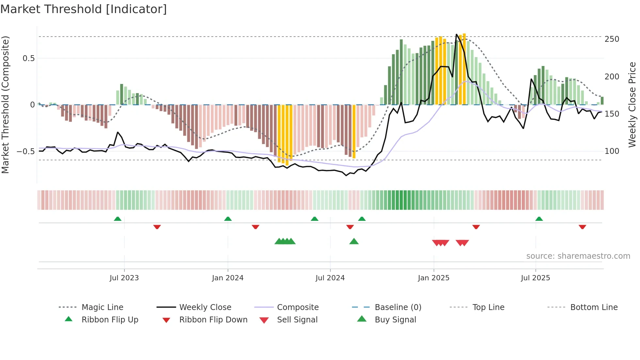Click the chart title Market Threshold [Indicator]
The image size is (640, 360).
point(84,9)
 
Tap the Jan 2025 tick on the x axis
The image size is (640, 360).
point(434,278)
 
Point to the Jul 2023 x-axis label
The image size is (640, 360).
point(124,278)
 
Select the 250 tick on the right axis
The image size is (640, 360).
point(612,39)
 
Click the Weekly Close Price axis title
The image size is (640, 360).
point(632,105)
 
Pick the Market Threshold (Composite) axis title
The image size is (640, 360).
point(5,105)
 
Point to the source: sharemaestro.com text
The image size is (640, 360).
point(578,256)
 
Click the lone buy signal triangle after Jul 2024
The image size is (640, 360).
point(354,241)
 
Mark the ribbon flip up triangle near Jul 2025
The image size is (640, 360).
point(539,219)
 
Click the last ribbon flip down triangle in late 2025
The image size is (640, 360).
point(582,227)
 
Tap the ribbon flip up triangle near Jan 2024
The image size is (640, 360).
point(228,219)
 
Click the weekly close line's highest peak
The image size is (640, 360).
point(456,34)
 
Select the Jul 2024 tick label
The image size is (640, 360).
point(330,278)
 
